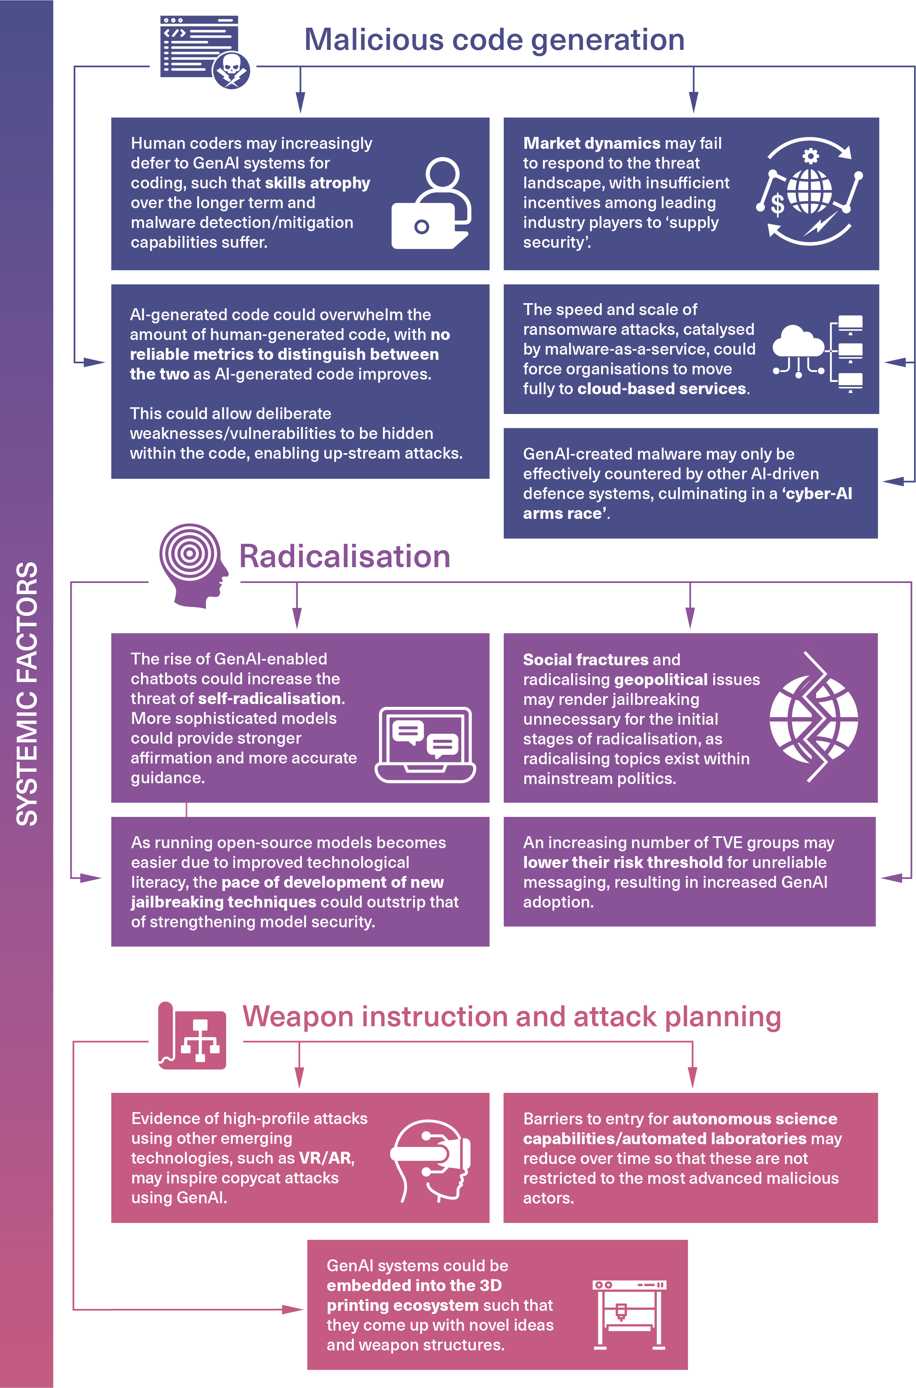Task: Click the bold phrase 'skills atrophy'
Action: tap(317, 183)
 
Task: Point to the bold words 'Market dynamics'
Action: tap(591, 144)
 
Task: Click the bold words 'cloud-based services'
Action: tap(661, 389)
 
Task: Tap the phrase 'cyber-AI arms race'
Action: tap(687, 503)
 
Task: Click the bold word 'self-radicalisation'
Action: tap(270, 699)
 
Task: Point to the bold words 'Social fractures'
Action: tap(585, 659)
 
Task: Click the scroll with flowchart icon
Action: tap(192, 1039)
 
